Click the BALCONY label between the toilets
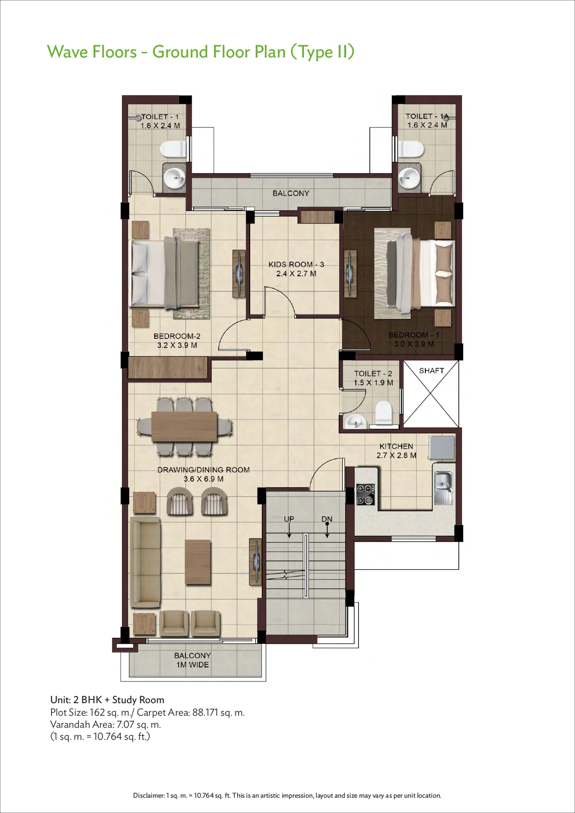coord(291,193)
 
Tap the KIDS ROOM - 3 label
coord(296,265)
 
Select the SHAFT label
coord(431,371)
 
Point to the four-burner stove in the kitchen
coord(366,494)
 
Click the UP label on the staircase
coord(289,519)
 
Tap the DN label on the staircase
coord(327,519)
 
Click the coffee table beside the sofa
coord(198,562)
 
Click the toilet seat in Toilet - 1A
coord(411,149)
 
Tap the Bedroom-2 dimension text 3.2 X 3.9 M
coord(177,345)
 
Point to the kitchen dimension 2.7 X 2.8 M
coord(396,456)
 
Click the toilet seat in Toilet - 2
coord(383,412)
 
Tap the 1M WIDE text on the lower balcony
coord(192,665)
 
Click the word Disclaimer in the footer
coord(149,795)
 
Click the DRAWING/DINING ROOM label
coord(203,470)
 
